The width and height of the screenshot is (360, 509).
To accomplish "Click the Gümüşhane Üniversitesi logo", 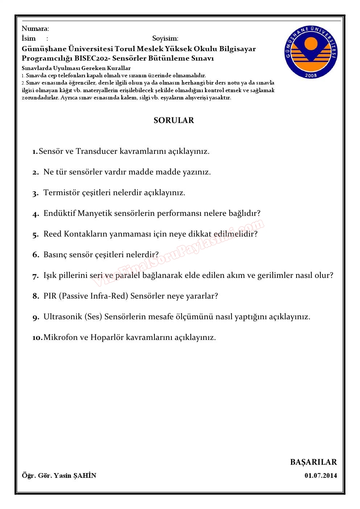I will pyautogui.click(x=311, y=52).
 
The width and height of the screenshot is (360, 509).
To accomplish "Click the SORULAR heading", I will pyautogui.click(x=174, y=120).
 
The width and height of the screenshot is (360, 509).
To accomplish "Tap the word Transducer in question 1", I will pyautogui.click(x=96, y=151).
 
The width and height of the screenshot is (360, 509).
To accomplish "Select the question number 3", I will pyautogui.click(x=35, y=193).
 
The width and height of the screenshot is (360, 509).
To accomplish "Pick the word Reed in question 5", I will pyautogui.click(x=52, y=234).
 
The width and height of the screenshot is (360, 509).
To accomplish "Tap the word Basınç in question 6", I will pyautogui.click(x=57, y=255).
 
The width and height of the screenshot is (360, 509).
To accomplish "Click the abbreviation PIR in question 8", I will pyautogui.click(x=50, y=296).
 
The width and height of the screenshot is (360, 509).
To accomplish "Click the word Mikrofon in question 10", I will pyautogui.click(x=61, y=337).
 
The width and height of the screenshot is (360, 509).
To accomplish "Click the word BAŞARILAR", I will pyautogui.click(x=314, y=462).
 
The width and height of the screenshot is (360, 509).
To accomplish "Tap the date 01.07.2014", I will pyautogui.click(x=320, y=476).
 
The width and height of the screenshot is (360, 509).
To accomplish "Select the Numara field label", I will pyautogui.click(x=35, y=29).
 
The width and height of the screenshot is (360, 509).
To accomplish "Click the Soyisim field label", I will pyautogui.click(x=165, y=38).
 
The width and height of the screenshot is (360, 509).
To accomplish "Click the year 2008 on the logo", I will pyautogui.click(x=311, y=75).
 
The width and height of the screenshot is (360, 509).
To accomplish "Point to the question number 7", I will pyautogui.click(x=35, y=276).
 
